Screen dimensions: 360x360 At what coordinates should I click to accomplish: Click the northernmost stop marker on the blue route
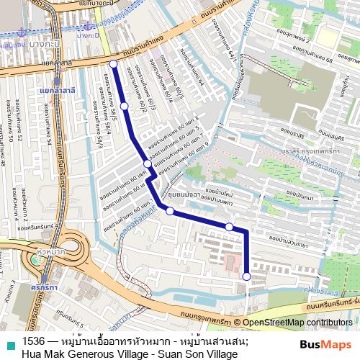pyautogui.click(x=113, y=64)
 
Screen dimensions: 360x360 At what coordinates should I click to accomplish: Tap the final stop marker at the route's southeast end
pyautogui.click(x=246, y=276)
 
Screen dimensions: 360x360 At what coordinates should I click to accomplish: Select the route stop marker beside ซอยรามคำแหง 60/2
pyautogui.click(x=125, y=106)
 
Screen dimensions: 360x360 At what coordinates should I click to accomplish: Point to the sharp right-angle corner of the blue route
pyautogui.click(x=246, y=230)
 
